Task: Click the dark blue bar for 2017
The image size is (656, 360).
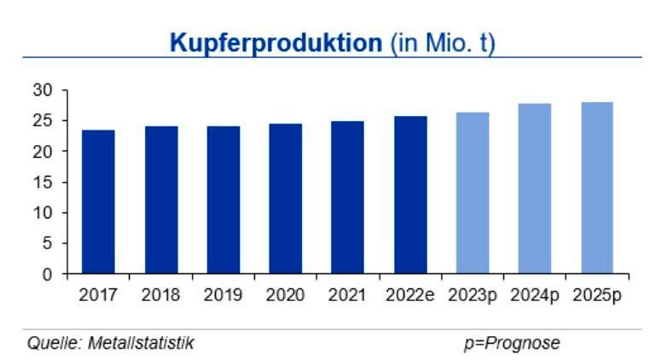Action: pos(98,202)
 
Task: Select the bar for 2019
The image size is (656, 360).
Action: pos(223,200)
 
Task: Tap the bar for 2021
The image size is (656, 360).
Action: pos(347,198)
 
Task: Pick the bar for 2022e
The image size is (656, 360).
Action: pos(410,195)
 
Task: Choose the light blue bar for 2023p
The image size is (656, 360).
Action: pos(473,194)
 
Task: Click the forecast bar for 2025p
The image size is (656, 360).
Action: pos(597,189)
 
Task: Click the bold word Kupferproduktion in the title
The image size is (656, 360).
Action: pos(275,42)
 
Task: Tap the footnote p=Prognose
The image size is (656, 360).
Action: pos(512,343)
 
